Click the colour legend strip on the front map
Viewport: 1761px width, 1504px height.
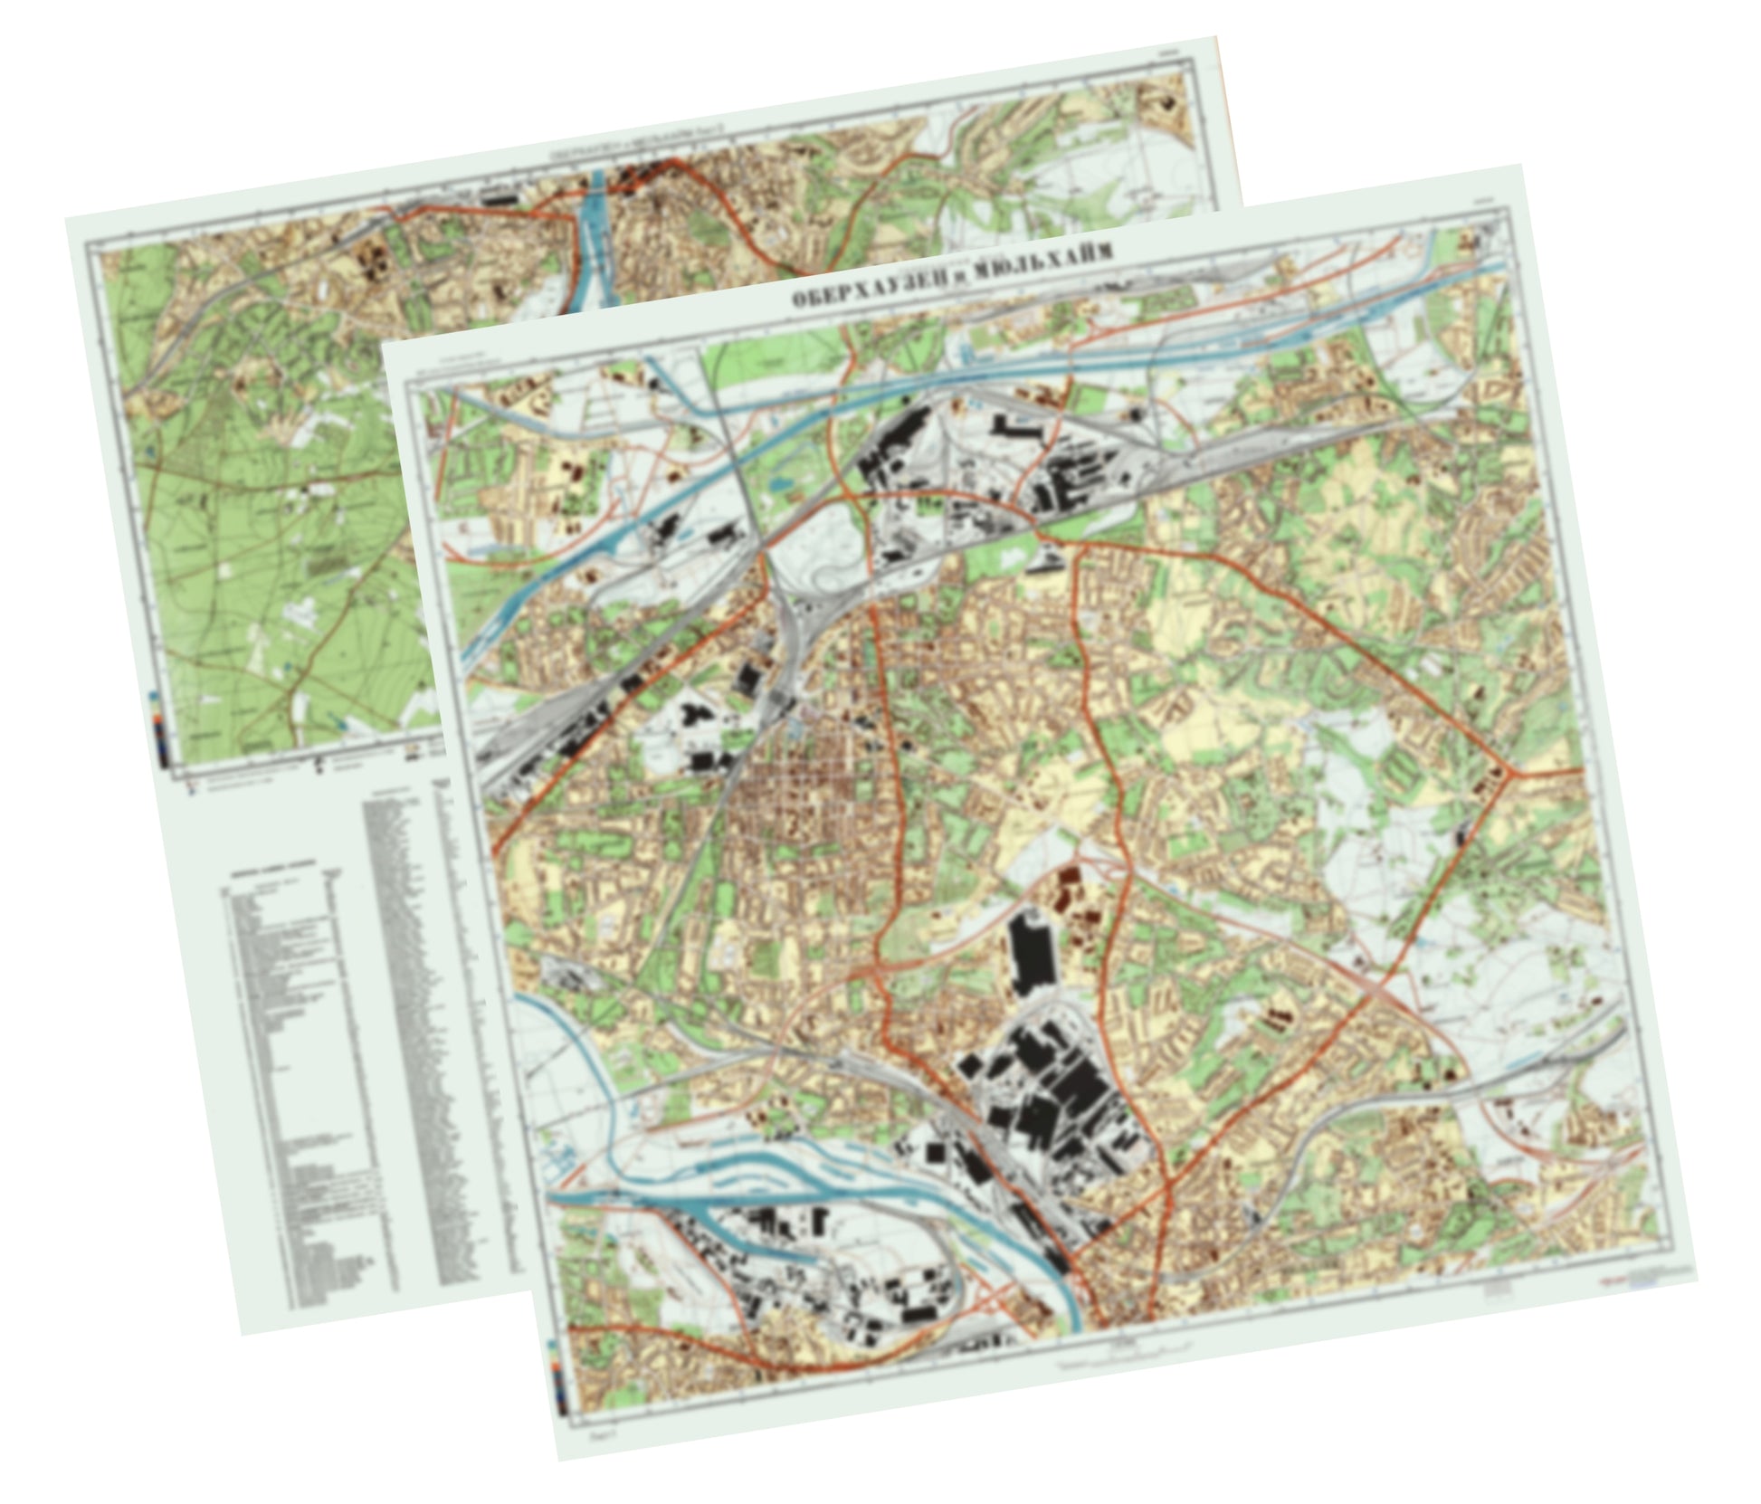coord(562,1384)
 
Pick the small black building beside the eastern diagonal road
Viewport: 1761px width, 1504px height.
coord(1458,833)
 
